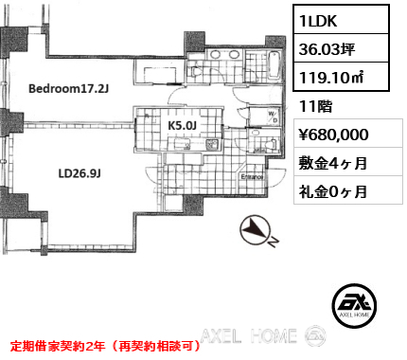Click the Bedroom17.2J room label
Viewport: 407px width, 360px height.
(x=69, y=89)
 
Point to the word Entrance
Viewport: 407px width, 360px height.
(x=253, y=177)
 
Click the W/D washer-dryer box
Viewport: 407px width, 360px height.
(x=272, y=118)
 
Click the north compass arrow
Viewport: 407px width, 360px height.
(x=257, y=230)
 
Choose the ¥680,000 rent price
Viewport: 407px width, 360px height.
(x=340, y=135)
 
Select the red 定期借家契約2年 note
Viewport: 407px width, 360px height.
(x=104, y=346)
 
